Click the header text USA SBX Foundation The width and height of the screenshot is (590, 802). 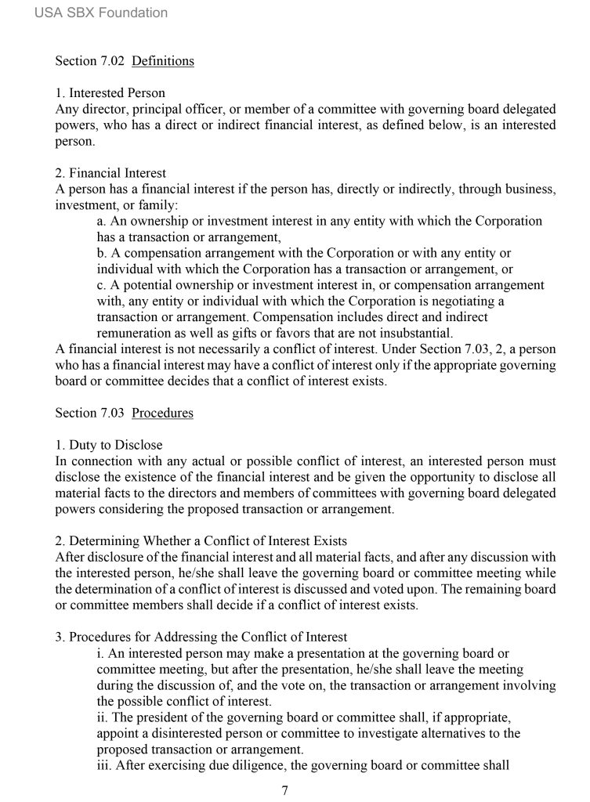[101, 13]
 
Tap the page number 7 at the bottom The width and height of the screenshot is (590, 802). [285, 790]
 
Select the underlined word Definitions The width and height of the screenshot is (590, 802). [163, 60]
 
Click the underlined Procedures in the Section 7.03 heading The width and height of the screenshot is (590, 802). [162, 413]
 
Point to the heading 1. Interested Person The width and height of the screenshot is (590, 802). [110, 93]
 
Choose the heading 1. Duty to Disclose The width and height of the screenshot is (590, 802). [109, 446]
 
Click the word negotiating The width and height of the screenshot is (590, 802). [455, 301]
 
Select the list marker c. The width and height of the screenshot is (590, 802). [101, 285]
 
